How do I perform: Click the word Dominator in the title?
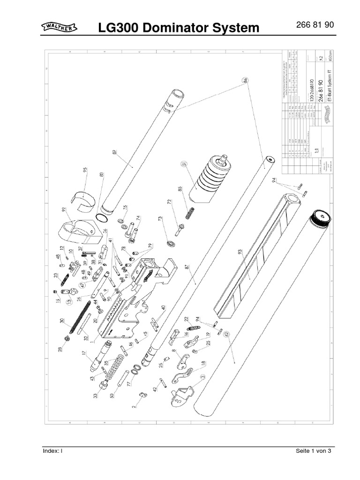click(180, 29)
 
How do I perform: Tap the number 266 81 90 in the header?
click(315, 25)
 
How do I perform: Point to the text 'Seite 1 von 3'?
click(314, 451)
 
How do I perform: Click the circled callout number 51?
click(184, 164)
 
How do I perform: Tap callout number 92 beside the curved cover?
click(63, 210)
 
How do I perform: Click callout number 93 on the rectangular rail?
click(240, 252)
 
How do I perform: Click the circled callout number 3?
click(203, 376)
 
